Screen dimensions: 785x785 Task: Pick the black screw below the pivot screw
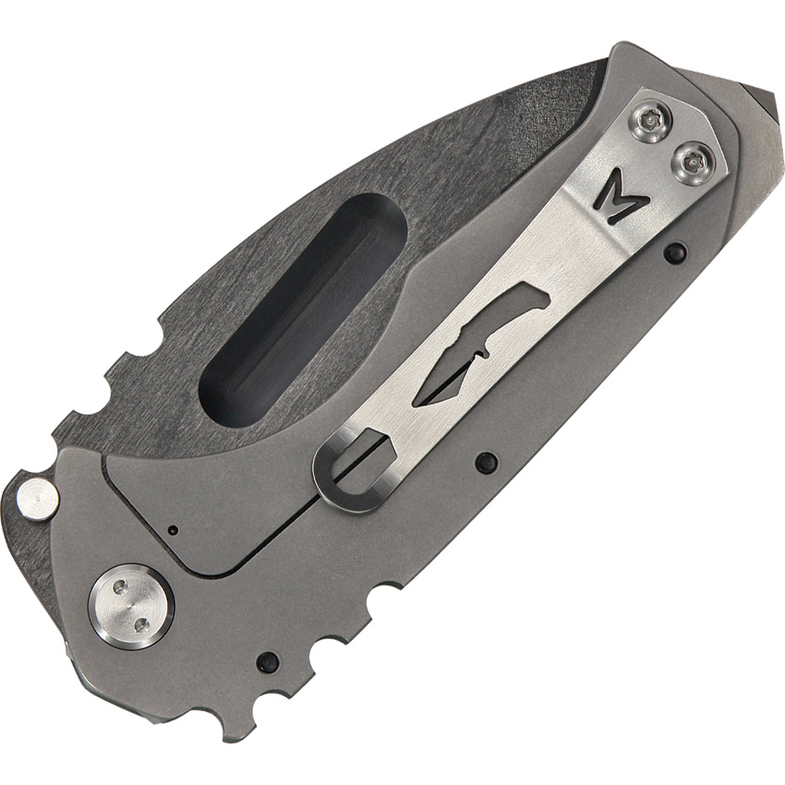pyautogui.click(x=267, y=661)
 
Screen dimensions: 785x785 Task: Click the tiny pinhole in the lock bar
pyautogui.click(x=174, y=530)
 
